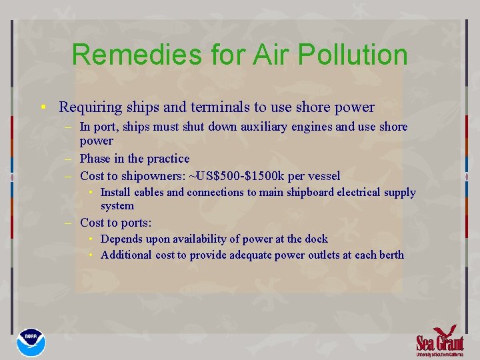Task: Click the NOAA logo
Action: pos(31,341)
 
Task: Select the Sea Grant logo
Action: pos(439,341)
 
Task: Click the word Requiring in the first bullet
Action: pos(87,107)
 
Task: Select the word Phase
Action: pos(95,159)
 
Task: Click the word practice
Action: pos(167,159)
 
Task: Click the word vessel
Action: pos(323,176)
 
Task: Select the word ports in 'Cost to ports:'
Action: pos(135,223)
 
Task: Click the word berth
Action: pos(390,255)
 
